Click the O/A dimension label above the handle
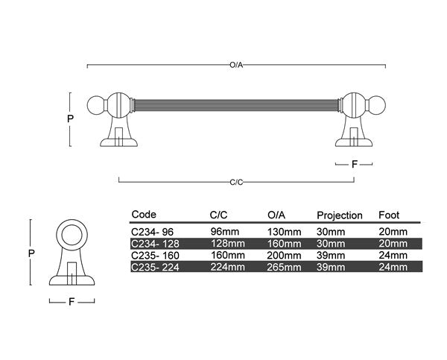pyautogui.click(x=236, y=66)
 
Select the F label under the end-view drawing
pyautogui.click(x=72, y=303)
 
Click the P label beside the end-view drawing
pyautogui.click(x=31, y=253)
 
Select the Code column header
pyautogui.click(x=143, y=215)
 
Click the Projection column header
pyautogui.click(x=340, y=215)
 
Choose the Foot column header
pyautogui.click(x=390, y=215)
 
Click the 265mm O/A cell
pyautogui.click(x=284, y=266)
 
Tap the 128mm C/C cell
pyautogui.click(x=227, y=243)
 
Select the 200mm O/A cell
pyautogui.click(x=284, y=255)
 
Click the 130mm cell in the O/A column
pyautogui.click(x=284, y=232)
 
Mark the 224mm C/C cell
pyautogui.click(x=227, y=266)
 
